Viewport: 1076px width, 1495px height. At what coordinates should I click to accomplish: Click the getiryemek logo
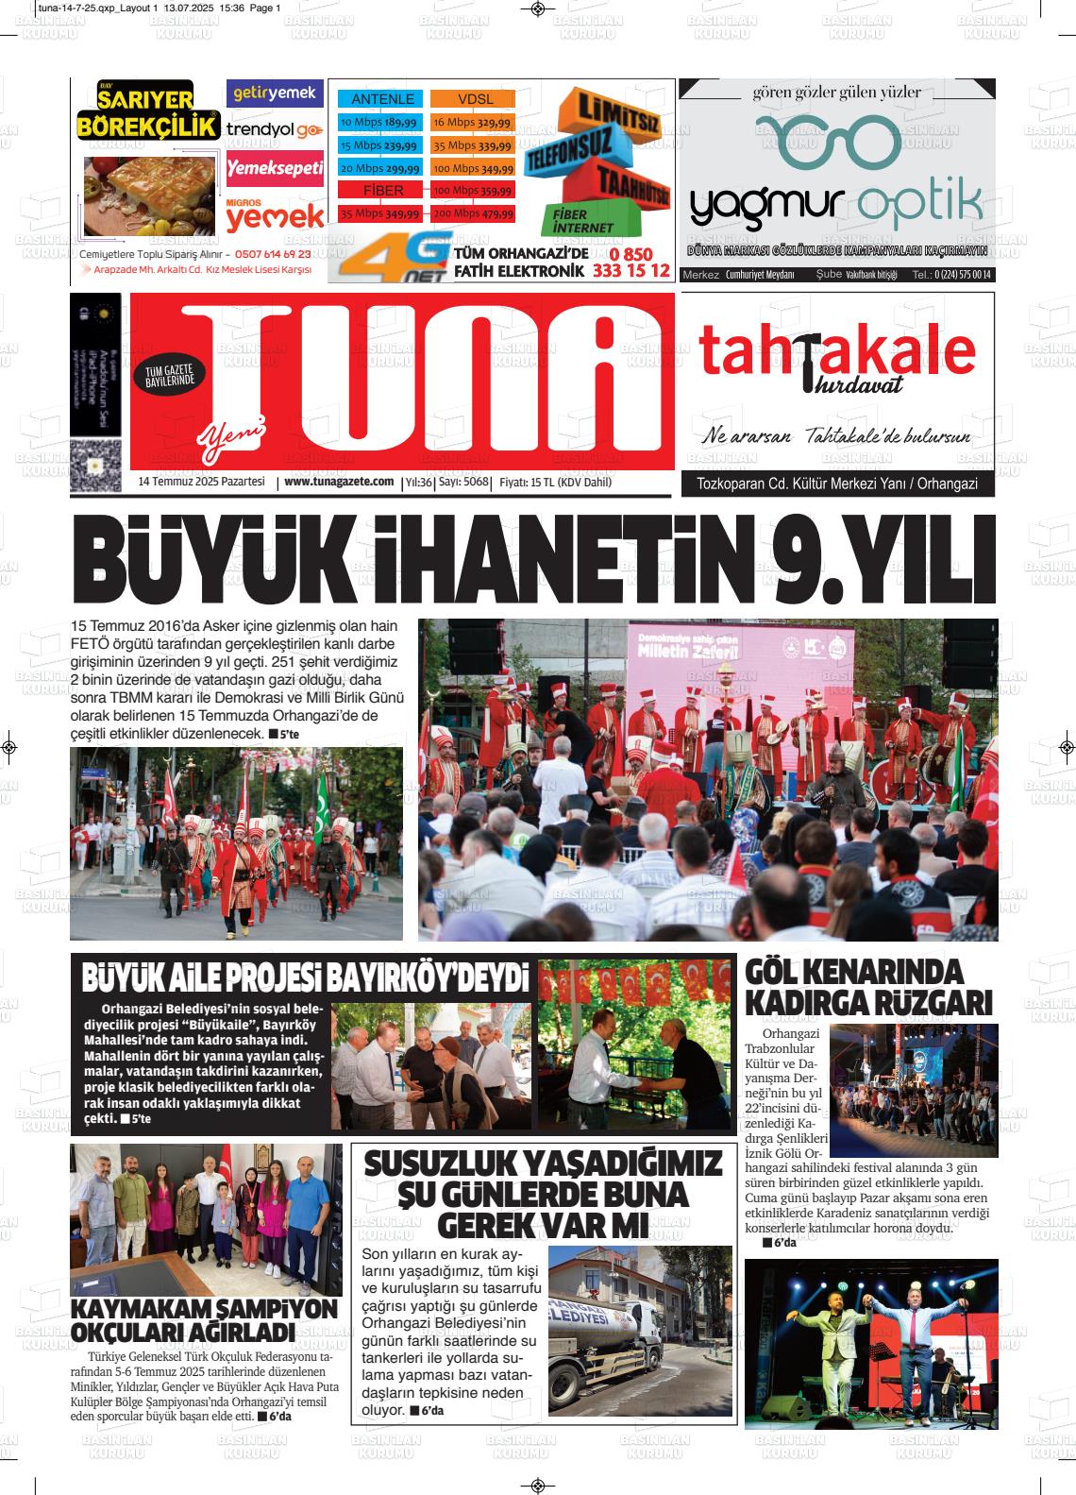[275, 93]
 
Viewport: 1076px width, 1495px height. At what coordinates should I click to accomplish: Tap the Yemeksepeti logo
[275, 168]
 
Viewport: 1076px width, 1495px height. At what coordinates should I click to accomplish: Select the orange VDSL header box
[475, 99]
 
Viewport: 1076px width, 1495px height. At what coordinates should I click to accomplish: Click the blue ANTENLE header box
[381, 99]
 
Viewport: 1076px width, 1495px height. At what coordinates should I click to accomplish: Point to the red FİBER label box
[381, 191]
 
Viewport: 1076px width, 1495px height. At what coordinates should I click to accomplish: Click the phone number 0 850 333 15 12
[631, 263]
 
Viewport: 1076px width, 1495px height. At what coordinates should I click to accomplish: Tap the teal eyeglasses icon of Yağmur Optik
[830, 141]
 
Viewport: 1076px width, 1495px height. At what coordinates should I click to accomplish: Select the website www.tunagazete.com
[339, 483]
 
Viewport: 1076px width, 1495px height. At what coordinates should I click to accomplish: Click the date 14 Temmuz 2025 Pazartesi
[200, 483]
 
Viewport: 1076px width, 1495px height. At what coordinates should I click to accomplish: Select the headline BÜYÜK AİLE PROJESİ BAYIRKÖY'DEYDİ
[305, 978]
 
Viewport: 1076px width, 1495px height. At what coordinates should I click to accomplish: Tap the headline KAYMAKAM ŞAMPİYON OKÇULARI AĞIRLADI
[205, 1320]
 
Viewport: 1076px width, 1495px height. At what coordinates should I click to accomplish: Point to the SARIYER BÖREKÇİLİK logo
[147, 113]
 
